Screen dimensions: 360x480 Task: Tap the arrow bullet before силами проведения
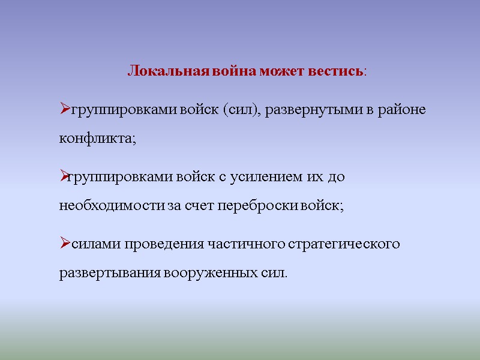pyautogui.click(x=65, y=244)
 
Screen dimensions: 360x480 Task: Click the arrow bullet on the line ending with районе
pyautogui.click(x=65, y=110)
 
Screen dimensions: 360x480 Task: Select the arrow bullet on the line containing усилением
pyautogui.click(x=65, y=177)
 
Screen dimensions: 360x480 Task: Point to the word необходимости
pyautogui.click(x=112, y=206)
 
